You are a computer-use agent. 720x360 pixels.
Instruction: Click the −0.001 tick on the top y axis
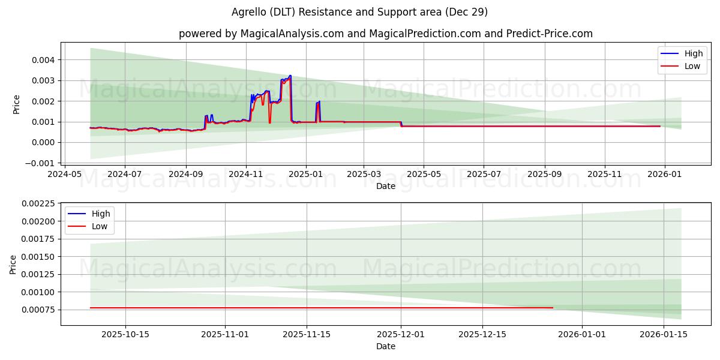[x=40, y=163]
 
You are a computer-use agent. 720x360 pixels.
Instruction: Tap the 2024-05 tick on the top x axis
[x=65, y=174]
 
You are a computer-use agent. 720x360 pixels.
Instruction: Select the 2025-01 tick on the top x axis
[x=305, y=174]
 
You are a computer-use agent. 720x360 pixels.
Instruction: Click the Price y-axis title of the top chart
[x=17, y=104]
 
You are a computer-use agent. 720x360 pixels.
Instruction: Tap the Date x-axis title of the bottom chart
[x=385, y=347]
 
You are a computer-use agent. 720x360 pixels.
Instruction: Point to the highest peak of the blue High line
[x=290, y=76]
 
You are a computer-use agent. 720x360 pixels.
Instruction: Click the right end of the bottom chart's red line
[x=553, y=308]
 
